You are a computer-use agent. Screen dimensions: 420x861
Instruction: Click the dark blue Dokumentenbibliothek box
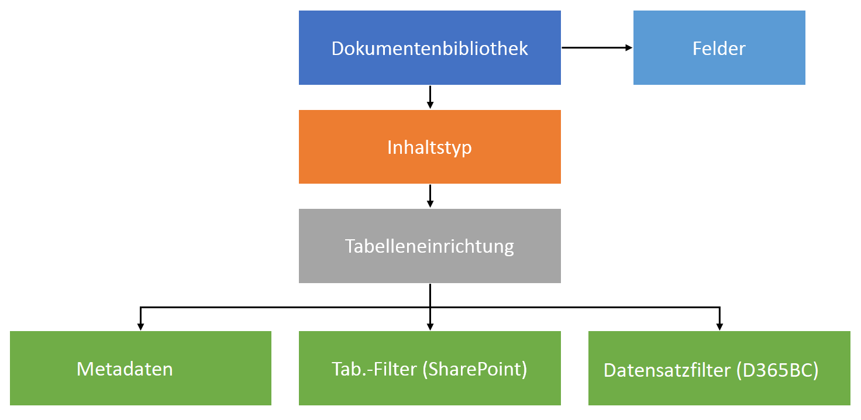pos(429,64)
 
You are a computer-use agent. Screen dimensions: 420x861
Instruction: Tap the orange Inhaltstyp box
pos(429,167)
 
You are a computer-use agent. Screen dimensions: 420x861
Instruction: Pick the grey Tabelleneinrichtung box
pos(429,266)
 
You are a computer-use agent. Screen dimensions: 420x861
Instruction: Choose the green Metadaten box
pos(140,386)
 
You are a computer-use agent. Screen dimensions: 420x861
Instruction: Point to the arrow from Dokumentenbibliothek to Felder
pos(597,47)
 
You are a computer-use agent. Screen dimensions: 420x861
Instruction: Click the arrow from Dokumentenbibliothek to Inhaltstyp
pos(430,97)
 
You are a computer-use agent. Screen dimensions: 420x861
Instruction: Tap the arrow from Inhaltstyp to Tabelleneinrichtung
pos(430,196)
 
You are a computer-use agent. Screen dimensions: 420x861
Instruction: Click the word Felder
pos(719,48)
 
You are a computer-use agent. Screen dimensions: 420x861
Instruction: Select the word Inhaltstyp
pos(429,147)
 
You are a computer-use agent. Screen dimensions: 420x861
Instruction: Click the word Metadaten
pos(125,369)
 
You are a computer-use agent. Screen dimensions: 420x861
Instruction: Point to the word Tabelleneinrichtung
pos(429,246)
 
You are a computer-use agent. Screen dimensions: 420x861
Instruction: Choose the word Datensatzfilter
pos(667,370)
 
